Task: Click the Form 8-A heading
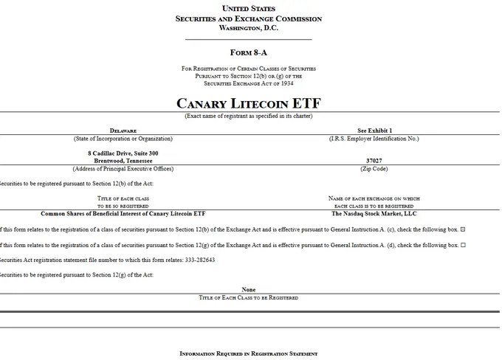[248, 52]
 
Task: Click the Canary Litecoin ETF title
[248, 103]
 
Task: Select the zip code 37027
[374, 160]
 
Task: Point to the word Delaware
[123, 131]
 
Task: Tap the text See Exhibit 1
[374, 131]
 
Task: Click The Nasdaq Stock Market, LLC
[374, 213]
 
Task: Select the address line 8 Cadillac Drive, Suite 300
[123, 153]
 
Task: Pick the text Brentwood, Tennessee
[123, 160]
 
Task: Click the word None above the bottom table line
[248, 290]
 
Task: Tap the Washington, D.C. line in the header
[248, 27]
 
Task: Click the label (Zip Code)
[374, 168]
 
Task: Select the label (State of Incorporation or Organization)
[123, 139]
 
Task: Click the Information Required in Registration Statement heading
[248, 354]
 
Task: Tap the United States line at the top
[248, 7]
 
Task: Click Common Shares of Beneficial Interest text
[123, 213]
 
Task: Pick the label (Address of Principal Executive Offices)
[123, 168]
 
